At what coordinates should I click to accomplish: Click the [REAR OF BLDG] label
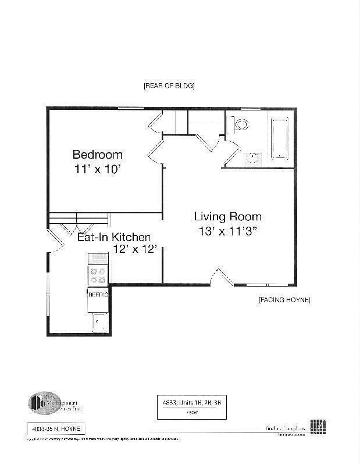coord(169,85)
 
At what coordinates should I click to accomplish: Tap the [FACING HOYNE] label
coord(284,300)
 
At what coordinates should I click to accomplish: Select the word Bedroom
coord(97,155)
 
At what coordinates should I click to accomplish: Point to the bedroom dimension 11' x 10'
coord(97,170)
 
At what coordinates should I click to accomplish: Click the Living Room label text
coord(227,216)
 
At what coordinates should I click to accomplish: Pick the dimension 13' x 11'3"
coord(227,231)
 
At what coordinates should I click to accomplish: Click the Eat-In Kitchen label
coord(114,237)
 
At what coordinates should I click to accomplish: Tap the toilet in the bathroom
coord(239,123)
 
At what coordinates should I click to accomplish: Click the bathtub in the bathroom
coord(280,139)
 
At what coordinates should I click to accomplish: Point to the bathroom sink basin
coord(252,158)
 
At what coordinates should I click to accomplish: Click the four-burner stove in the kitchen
coord(98,275)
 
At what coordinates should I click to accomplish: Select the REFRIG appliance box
coord(98,295)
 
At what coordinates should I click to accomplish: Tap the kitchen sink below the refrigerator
coord(99,321)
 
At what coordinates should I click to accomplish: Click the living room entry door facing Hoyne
coord(220,278)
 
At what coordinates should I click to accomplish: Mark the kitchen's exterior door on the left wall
coord(54,243)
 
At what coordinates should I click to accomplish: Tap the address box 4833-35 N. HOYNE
coord(56,429)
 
